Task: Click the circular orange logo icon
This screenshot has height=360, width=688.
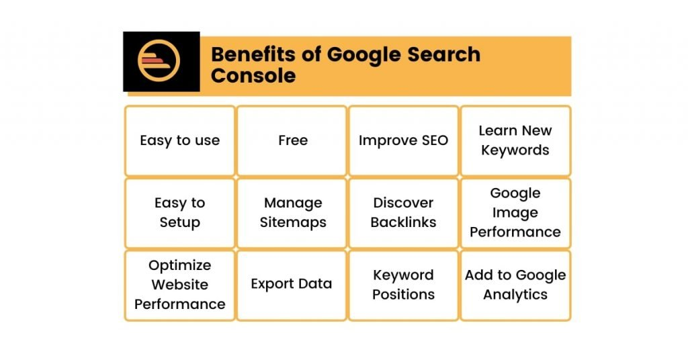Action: click(x=161, y=61)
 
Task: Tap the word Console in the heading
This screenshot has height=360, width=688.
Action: click(x=253, y=75)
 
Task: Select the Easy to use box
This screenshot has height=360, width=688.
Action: click(x=179, y=140)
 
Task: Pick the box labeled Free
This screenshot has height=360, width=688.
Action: click(x=292, y=140)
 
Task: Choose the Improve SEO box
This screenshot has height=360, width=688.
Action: click(x=403, y=140)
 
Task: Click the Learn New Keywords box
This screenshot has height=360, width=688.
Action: click(x=515, y=140)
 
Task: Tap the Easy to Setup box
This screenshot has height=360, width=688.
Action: click(x=179, y=212)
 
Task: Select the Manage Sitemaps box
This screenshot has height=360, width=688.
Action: click(x=292, y=212)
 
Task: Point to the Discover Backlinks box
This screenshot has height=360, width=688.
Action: click(x=403, y=212)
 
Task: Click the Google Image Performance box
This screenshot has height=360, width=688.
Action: click(x=515, y=212)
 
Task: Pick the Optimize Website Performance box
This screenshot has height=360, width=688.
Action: click(x=179, y=285)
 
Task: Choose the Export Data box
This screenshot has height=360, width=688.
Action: click(x=292, y=284)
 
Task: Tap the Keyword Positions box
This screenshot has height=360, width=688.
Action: click(x=403, y=285)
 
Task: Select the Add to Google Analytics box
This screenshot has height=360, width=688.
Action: click(x=515, y=285)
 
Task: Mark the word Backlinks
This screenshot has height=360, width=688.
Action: click(x=403, y=222)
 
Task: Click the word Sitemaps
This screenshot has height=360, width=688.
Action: click(x=293, y=222)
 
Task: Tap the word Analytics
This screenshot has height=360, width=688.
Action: click(x=515, y=295)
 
